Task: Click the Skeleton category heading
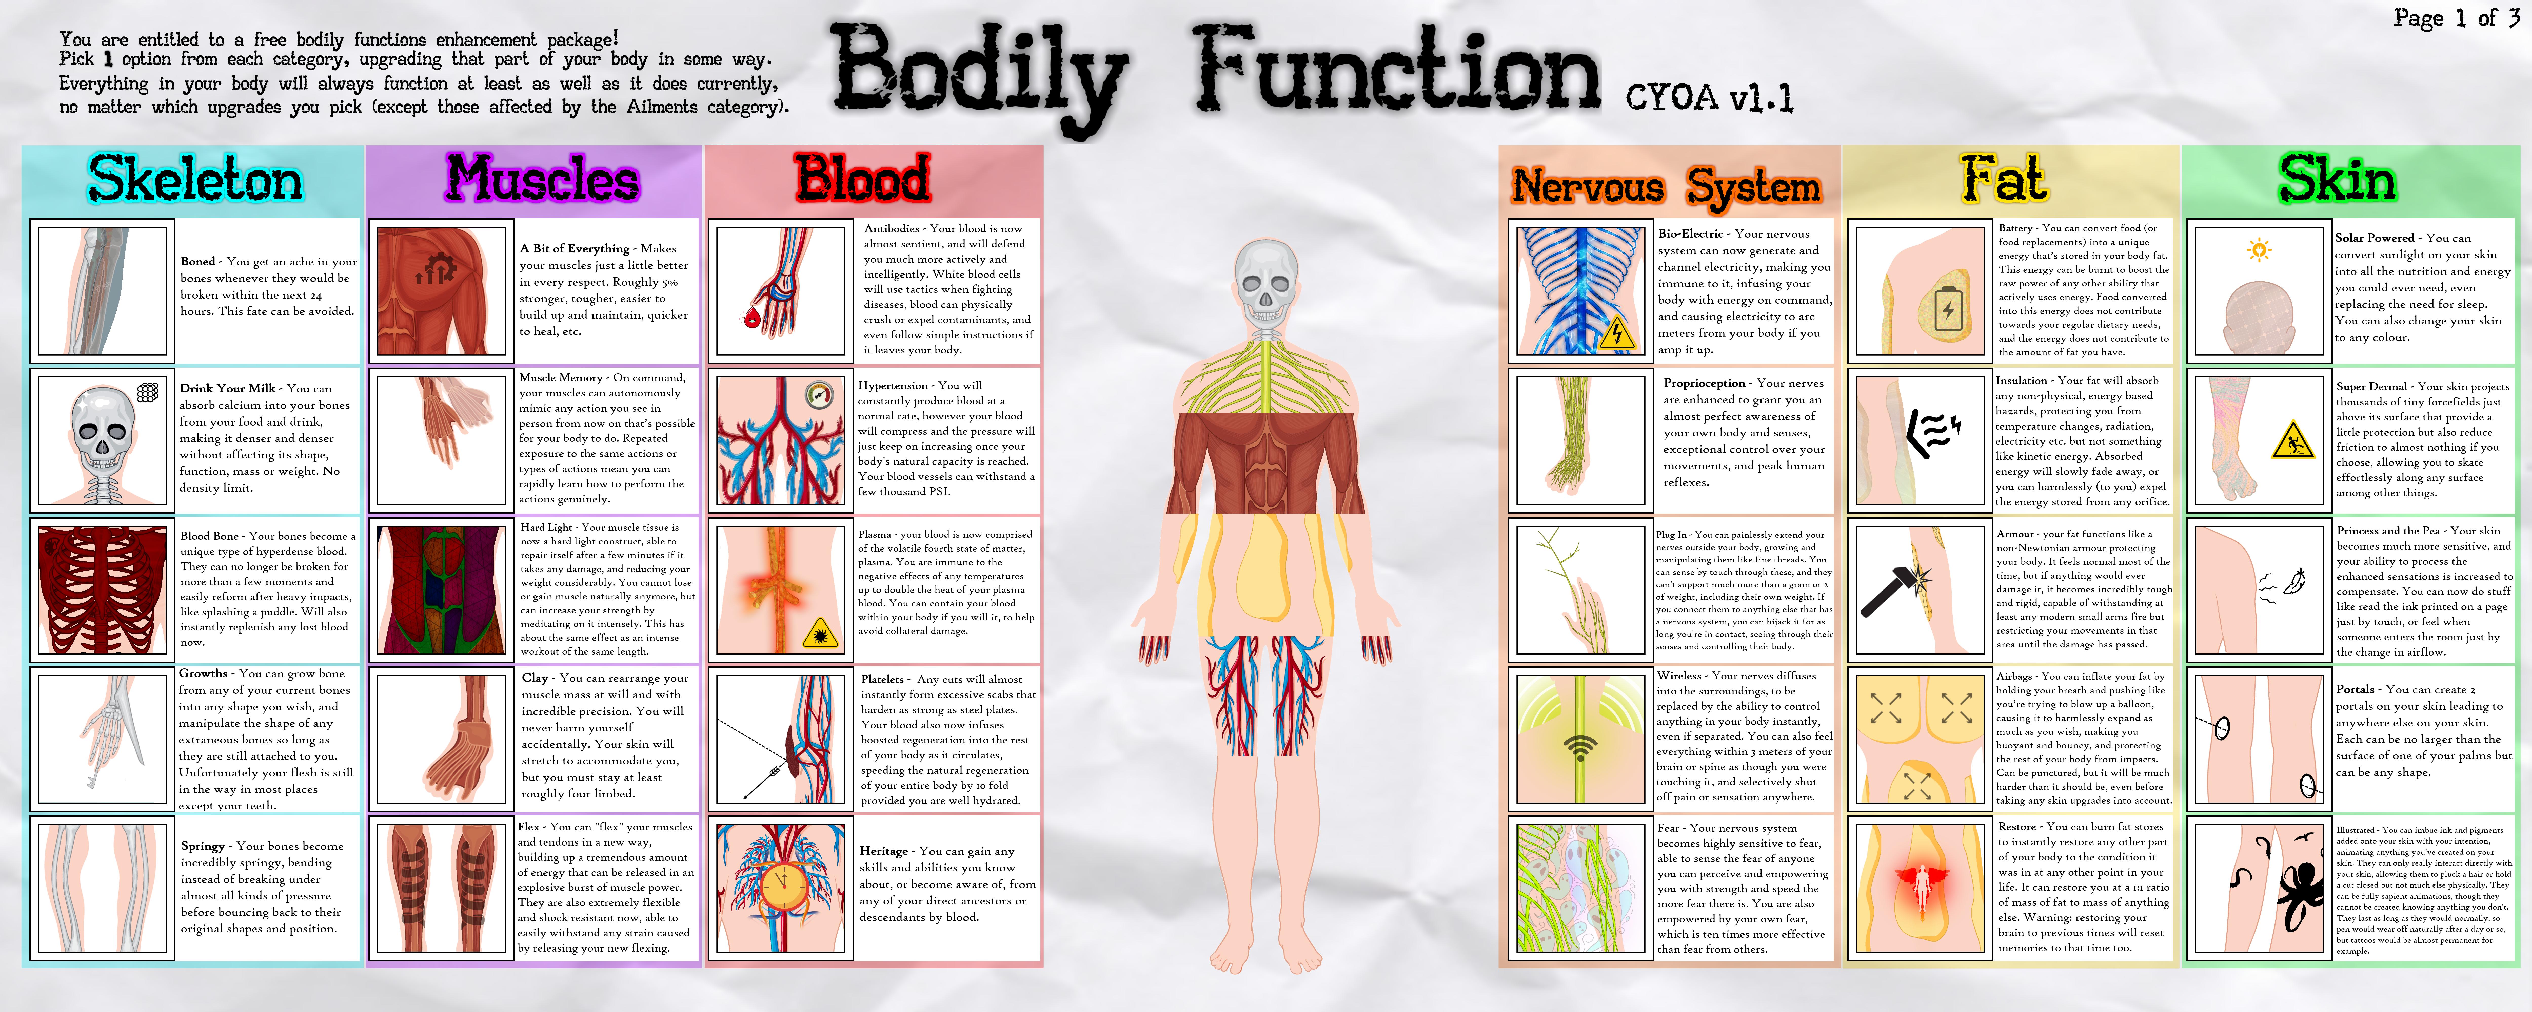pos(195,180)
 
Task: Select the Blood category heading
pos(862,178)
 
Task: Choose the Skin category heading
pos(2337,180)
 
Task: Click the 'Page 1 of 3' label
pos(2455,18)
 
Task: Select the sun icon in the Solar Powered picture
pos(2259,249)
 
